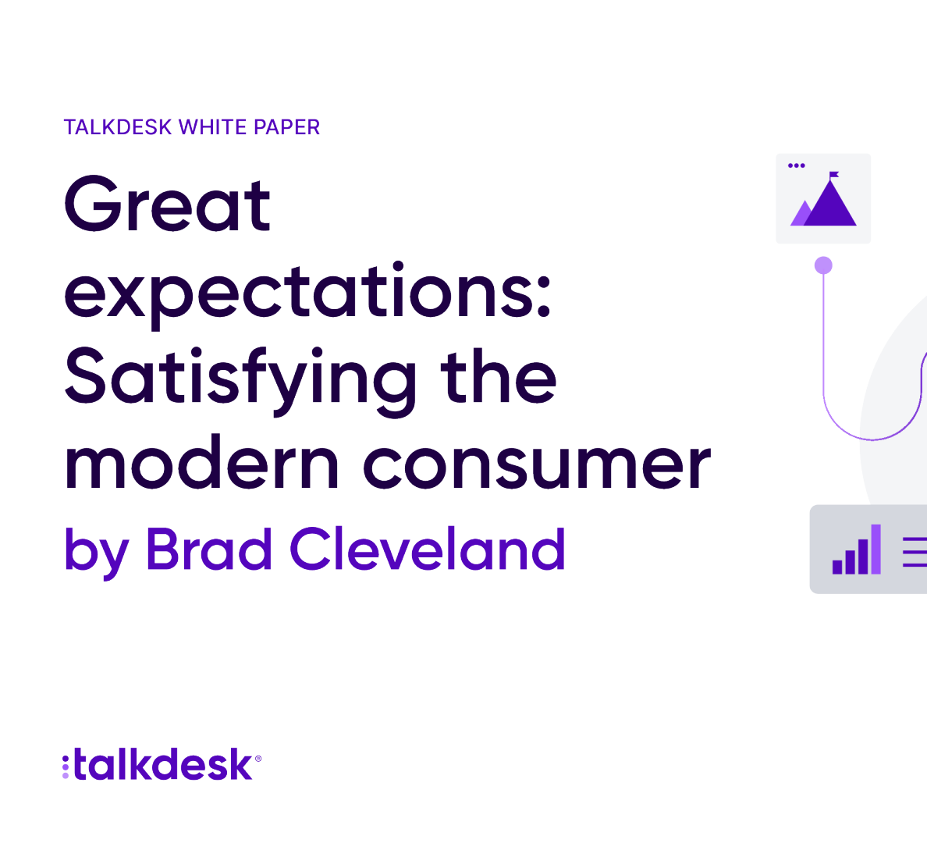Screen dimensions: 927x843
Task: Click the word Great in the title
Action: [167, 203]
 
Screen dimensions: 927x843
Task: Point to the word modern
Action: [201, 463]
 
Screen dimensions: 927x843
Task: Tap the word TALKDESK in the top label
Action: [118, 127]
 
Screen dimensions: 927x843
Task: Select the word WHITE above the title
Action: [212, 127]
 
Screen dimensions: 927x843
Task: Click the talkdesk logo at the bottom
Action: [162, 764]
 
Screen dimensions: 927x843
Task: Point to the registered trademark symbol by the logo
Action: [257, 759]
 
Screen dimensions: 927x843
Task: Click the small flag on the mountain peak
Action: [833, 175]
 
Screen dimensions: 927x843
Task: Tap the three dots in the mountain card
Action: [797, 165]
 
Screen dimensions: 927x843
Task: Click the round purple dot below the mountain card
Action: [823, 265]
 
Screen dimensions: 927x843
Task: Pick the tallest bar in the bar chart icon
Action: [876, 549]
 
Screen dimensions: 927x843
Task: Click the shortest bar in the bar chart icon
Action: [837, 566]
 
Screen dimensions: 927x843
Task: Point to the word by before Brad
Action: [96, 551]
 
